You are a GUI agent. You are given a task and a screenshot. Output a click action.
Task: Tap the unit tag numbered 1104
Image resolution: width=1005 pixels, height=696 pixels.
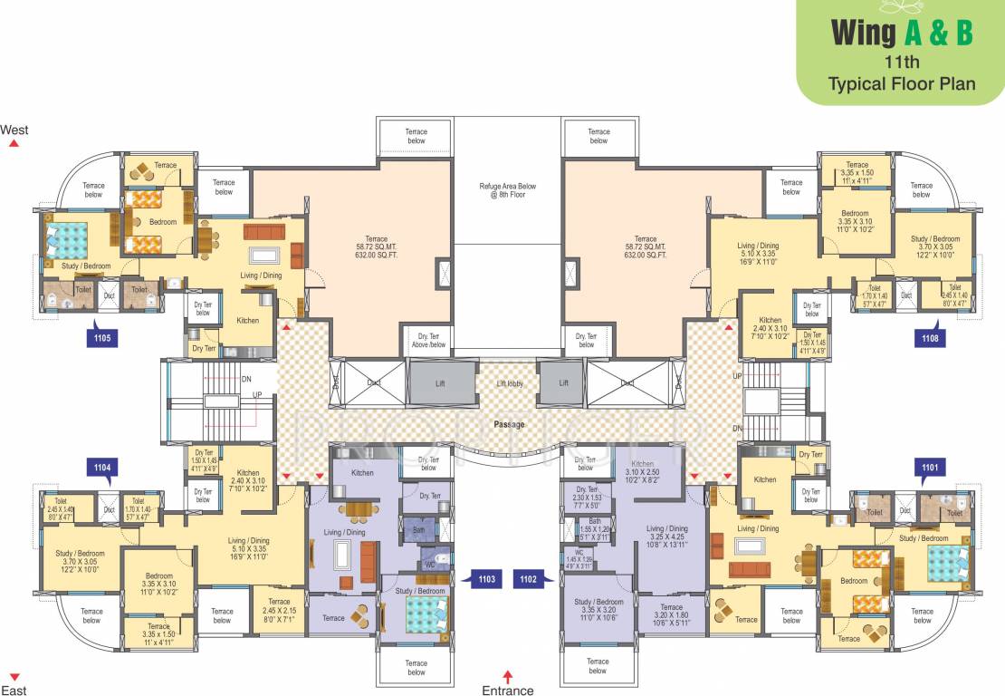(102, 468)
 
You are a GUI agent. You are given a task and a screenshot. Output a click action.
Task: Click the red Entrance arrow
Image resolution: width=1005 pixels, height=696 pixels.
(508, 676)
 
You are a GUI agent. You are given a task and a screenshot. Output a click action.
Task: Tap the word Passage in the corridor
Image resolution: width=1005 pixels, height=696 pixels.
(509, 423)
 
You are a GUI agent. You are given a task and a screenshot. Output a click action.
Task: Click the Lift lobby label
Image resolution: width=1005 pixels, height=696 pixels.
(508, 383)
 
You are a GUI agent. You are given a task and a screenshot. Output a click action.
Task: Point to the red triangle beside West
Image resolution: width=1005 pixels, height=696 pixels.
(14, 143)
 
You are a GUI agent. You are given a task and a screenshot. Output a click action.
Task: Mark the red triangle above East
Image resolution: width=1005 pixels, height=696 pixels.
(14, 677)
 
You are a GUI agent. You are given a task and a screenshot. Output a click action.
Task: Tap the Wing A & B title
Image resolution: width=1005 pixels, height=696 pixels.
(902, 34)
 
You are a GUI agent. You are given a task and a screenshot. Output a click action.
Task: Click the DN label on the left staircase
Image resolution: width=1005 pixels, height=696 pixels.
(246, 380)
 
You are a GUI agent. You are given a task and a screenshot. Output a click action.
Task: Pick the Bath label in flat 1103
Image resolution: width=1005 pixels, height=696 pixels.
(418, 529)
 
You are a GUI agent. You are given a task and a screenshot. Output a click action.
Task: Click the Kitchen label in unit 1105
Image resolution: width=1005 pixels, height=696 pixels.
(247, 320)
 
